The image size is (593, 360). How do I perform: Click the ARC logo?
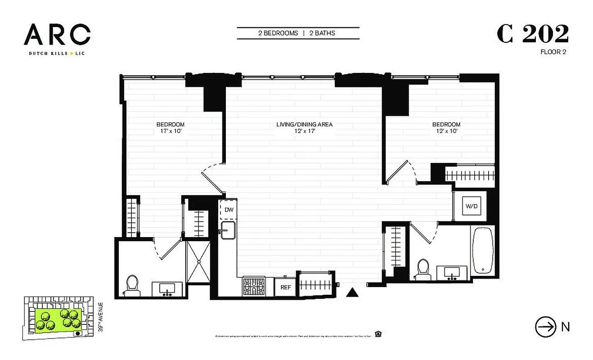(x=57, y=35)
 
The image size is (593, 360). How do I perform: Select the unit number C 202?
(x=533, y=34)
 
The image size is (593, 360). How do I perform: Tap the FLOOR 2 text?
(x=553, y=52)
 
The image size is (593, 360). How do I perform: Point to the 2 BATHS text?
(x=322, y=33)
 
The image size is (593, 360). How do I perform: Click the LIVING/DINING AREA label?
(x=304, y=125)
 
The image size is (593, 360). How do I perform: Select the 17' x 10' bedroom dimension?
(x=170, y=131)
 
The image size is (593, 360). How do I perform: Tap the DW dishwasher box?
(x=229, y=210)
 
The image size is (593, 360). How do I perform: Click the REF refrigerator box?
(x=285, y=287)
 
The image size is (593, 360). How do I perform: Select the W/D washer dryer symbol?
(x=472, y=207)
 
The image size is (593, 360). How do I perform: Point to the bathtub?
(x=483, y=251)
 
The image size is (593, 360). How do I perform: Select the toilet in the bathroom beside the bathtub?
(x=423, y=268)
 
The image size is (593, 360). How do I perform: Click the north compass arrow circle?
(x=545, y=327)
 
